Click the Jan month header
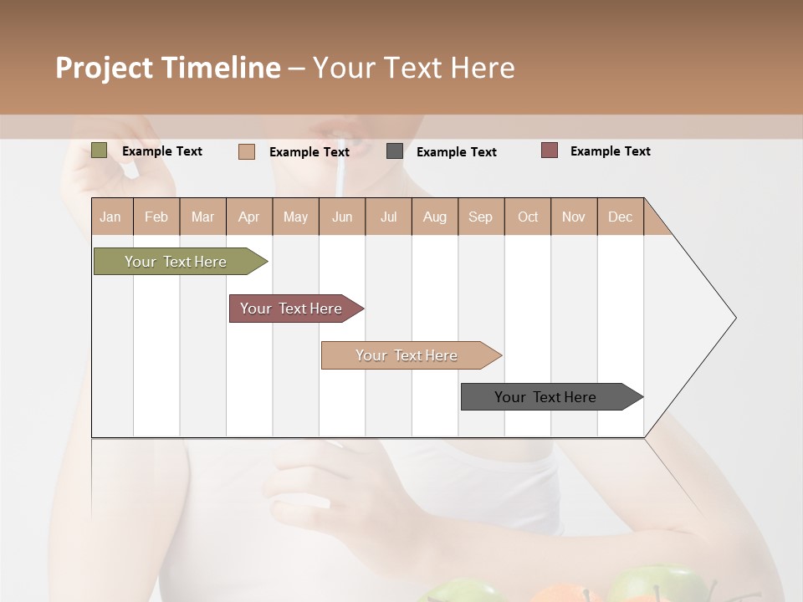(x=110, y=217)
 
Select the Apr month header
(x=248, y=217)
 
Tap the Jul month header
(x=388, y=217)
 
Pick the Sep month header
(x=480, y=217)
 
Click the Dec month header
(x=620, y=217)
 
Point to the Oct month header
(x=527, y=217)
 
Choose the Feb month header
(x=156, y=217)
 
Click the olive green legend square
(x=99, y=150)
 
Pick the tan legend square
(x=246, y=151)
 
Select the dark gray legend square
(x=394, y=151)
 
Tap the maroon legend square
(x=549, y=150)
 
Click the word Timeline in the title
(x=220, y=68)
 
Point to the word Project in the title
(x=104, y=68)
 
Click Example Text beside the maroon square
(x=610, y=151)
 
